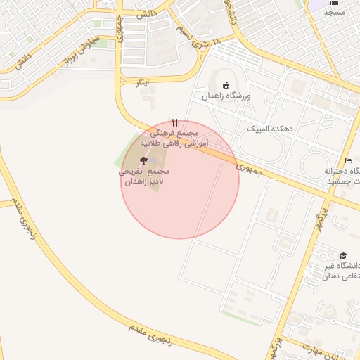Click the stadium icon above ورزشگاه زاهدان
tap(226, 85)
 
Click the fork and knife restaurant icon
tap(174, 122)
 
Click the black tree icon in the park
tap(144, 161)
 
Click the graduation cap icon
tap(343, 255)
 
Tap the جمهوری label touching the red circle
tap(250, 167)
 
